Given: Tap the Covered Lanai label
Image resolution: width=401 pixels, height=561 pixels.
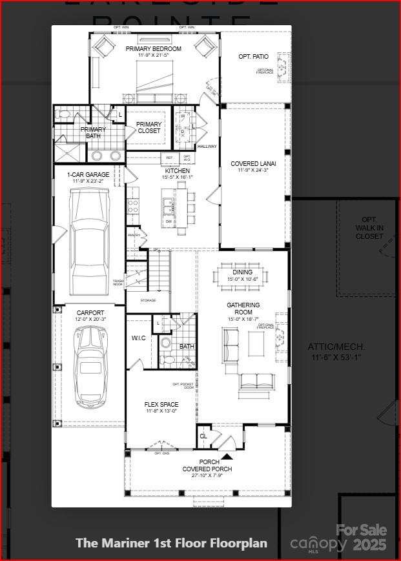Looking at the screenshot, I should (253, 167).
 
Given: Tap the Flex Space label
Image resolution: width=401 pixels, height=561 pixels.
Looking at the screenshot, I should (161, 407).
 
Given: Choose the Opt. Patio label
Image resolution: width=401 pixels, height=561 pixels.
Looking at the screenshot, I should (253, 57).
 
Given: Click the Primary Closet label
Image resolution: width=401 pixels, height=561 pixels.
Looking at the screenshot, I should (149, 128).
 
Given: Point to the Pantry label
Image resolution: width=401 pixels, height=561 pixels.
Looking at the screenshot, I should (134, 236).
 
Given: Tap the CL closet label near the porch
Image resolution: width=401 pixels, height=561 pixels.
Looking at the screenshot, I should (203, 436).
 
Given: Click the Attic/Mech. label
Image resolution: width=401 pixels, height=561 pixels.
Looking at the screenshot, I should (336, 351).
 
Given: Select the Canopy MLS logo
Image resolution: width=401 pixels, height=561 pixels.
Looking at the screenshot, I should (318, 544).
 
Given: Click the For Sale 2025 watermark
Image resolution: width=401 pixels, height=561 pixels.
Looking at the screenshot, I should (362, 537).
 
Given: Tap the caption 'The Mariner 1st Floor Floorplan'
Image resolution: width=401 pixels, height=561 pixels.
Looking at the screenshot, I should (171, 543).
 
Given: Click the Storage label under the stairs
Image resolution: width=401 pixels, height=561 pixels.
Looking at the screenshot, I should (148, 300).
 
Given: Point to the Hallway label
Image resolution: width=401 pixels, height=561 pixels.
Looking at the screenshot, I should (207, 147).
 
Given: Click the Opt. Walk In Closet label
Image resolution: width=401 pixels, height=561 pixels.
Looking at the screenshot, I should (369, 228).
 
